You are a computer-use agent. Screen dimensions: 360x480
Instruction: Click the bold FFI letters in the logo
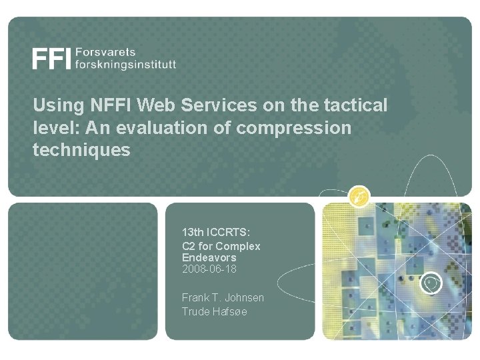click(51, 59)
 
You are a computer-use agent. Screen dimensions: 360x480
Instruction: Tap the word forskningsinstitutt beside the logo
click(126, 65)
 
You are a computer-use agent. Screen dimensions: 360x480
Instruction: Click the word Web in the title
click(149, 105)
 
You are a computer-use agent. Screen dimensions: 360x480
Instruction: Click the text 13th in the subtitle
click(193, 234)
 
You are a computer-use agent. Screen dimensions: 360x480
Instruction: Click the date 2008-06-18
click(209, 269)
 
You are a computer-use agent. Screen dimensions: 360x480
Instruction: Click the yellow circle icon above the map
click(360, 195)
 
